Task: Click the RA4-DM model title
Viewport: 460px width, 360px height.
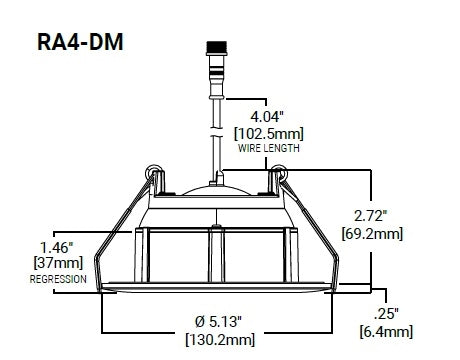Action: (x=80, y=42)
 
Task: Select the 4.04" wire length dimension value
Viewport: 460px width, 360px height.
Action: (x=267, y=117)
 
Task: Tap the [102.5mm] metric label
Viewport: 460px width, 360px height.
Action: (x=269, y=134)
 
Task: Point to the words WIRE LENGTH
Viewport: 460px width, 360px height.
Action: (x=269, y=148)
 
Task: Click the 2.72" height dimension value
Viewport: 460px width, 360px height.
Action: (x=371, y=216)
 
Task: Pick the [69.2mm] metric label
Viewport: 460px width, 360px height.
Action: (x=372, y=233)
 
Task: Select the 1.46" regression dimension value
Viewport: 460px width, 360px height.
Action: (x=56, y=248)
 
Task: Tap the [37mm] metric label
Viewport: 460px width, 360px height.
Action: (x=58, y=263)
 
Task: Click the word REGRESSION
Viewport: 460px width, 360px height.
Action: (x=58, y=279)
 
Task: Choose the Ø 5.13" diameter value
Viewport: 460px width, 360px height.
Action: (x=218, y=322)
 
